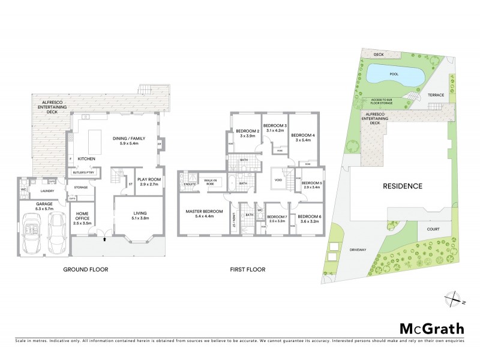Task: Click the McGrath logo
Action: (x=432, y=328)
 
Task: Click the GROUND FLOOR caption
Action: (x=86, y=269)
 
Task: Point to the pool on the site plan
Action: (x=393, y=76)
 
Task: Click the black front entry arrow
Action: (x=106, y=239)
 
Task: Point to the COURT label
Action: (x=434, y=229)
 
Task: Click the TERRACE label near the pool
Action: (x=436, y=95)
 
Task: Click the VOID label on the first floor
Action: (x=278, y=179)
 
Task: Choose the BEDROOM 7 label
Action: (x=277, y=217)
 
